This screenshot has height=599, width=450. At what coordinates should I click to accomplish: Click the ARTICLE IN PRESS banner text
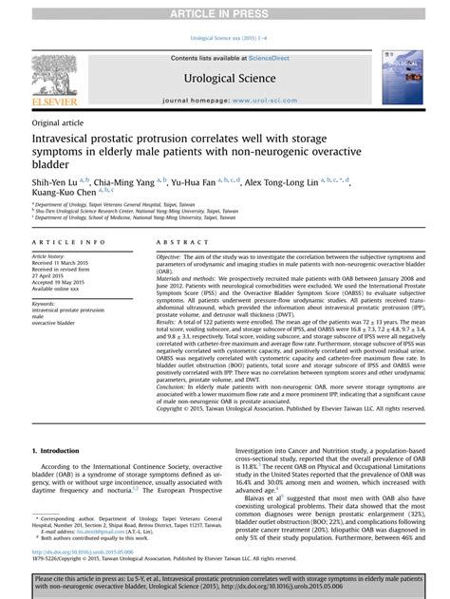pos(225,10)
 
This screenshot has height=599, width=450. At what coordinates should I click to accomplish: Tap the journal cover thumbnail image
pos(402,78)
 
